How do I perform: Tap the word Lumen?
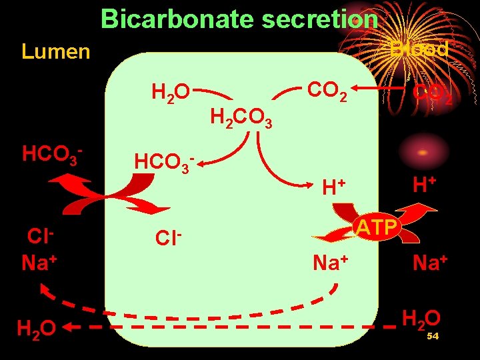click(56, 51)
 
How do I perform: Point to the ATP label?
click(376, 228)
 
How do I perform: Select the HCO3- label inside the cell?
click(165, 162)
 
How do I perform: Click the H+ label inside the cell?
click(333, 188)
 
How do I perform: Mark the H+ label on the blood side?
click(423, 184)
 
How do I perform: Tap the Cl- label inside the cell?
click(168, 239)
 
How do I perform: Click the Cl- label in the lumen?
click(40, 237)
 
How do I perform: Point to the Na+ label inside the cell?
click(331, 262)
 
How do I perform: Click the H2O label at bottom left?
click(36, 328)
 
